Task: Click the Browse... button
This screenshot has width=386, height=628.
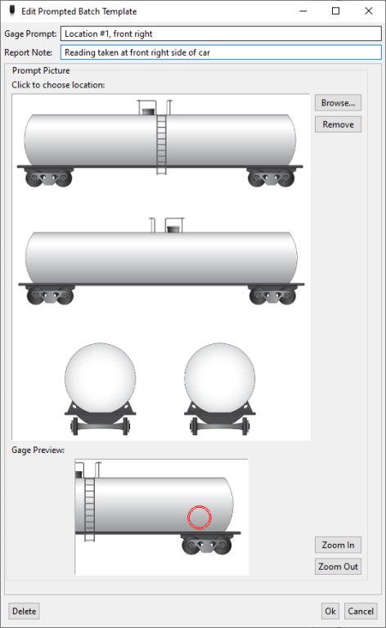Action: click(x=338, y=103)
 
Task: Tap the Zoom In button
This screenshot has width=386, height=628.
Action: click(x=338, y=545)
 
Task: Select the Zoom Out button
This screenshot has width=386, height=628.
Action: click(x=338, y=567)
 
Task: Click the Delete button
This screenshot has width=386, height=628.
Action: click(x=24, y=611)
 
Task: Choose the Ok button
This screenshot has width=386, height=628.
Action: click(x=330, y=611)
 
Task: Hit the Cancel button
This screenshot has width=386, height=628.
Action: click(x=361, y=611)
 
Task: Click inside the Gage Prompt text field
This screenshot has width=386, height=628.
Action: click(x=221, y=34)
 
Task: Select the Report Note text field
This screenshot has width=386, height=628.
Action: click(x=221, y=52)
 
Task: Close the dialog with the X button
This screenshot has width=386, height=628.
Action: click(x=369, y=11)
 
